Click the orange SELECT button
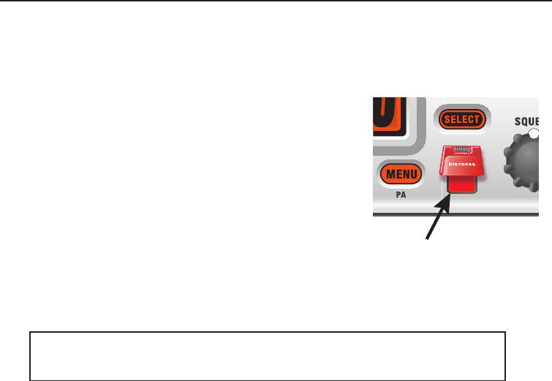[x=461, y=118]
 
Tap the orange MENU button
[x=398, y=174]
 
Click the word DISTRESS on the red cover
[x=461, y=164]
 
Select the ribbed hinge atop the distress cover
[x=461, y=150]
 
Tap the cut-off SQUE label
[x=525, y=121]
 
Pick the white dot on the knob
[x=534, y=134]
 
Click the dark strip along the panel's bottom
[x=461, y=215]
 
